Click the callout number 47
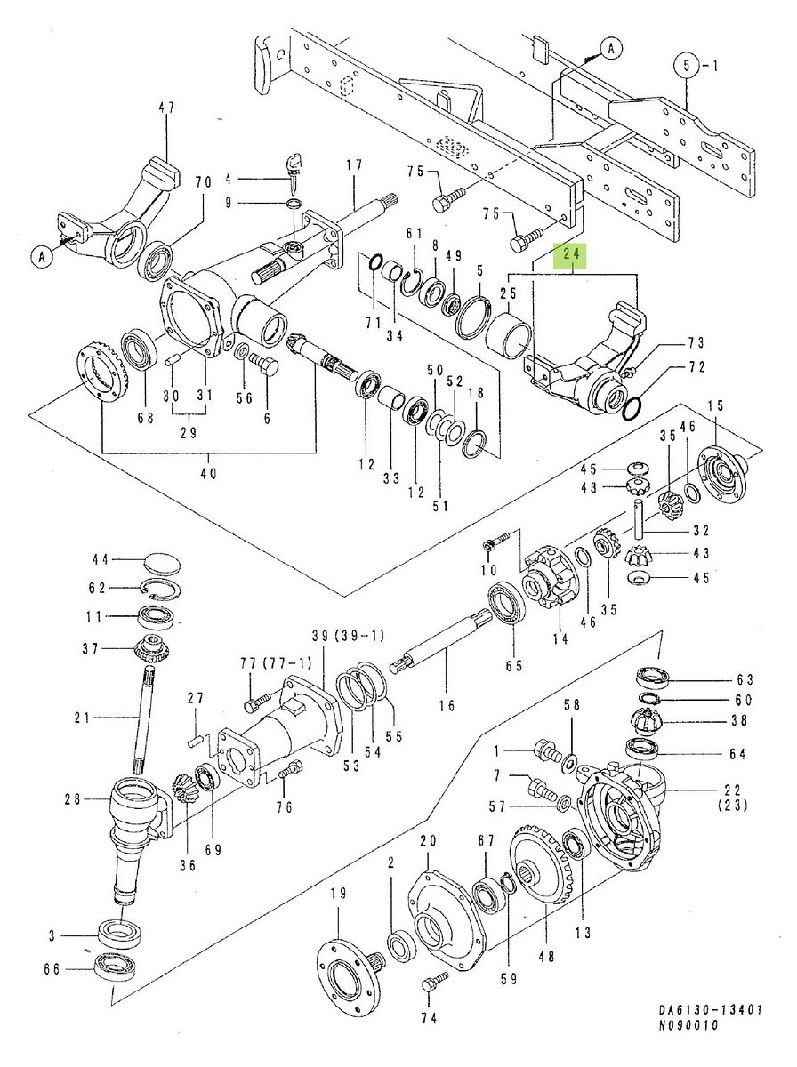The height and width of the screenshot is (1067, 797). tap(166, 108)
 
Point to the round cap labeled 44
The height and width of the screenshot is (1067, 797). tap(160, 564)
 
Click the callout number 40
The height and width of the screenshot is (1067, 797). tap(208, 474)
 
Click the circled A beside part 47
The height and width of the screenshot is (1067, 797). tap(41, 257)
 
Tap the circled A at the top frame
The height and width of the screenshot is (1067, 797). tap(609, 51)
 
